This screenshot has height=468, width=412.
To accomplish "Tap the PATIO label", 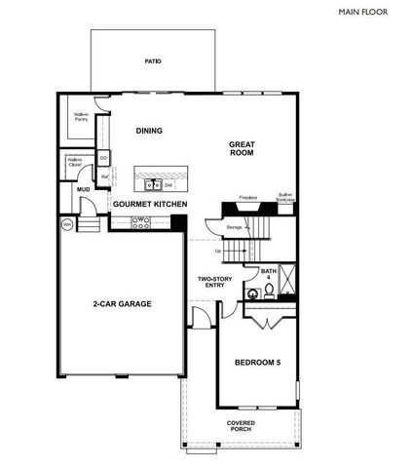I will [153, 61].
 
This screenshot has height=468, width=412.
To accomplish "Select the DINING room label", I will [149, 132].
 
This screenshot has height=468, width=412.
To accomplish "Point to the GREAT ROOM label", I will [242, 149].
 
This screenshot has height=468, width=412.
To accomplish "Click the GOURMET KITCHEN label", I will [150, 204].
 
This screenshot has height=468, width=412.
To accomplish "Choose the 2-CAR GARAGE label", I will [122, 303].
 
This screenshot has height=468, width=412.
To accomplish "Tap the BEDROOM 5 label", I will [257, 363].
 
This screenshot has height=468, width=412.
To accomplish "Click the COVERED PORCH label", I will [242, 427].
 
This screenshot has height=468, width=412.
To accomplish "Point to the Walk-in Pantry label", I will [82, 117].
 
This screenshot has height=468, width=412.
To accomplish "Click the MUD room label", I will [70, 190].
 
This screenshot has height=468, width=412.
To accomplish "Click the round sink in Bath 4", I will [269, 290].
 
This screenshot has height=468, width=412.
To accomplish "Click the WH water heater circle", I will [68, 224].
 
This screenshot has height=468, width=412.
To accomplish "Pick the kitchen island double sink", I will [152, 183].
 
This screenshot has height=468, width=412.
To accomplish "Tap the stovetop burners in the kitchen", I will [139, 220].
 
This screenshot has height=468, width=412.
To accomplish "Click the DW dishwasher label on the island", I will [169, 183].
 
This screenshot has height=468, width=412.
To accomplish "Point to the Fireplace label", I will [247, 198].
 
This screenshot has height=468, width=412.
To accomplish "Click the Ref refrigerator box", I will [105, 177].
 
